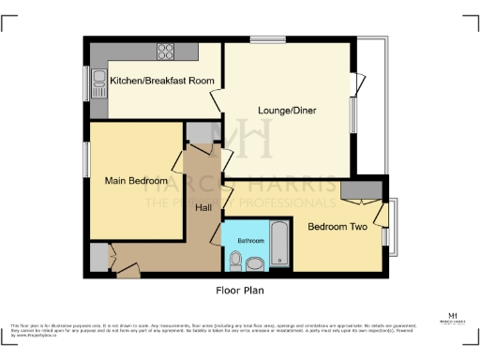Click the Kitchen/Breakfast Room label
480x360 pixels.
tap(163, 82)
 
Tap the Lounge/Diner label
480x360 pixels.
tap(287, 111)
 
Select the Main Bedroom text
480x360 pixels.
tap(136, 180)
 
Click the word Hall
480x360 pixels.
tap(203, 207)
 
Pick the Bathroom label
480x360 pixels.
tap(250, 240)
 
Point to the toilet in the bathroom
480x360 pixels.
tap(234, 260)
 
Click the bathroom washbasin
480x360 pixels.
tap(256, 264)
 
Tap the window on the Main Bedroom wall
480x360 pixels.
tap(86, 159)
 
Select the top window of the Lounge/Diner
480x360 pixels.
tap(262, 39)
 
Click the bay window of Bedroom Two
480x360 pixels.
tap(394, 227)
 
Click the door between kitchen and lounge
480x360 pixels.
tap(217, 101)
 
